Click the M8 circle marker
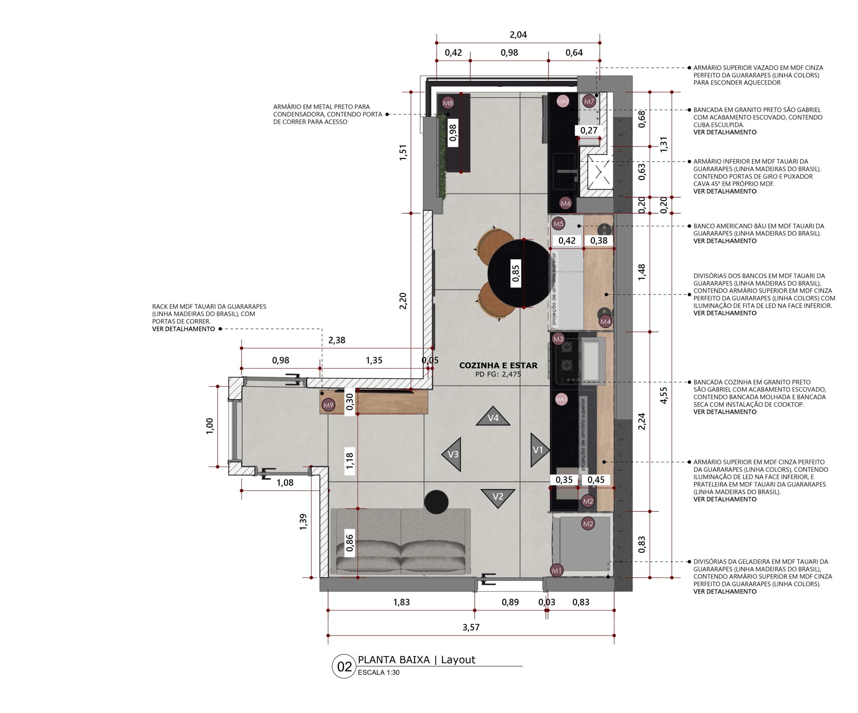pyautogui.click(x=448, y=103)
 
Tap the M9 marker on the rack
pyautogui.click(x=328, y=405)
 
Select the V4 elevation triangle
pyautogui.click(x=493, y=416)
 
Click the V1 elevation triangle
pyautogui.click(x=539, y=450)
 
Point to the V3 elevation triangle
pyautogui.click(x=452, y=454)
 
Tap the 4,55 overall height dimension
pyautogui.click(x=663, y=395)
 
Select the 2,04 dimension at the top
pyautogui.click(x=518, y=35)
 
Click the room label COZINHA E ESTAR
pyautogui.click(x=498, y=365)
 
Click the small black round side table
pyautogui.click(x=436, y=502)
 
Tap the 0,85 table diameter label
pyautogui.click(x=515, y=273)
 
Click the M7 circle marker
pyautogui.click(x=589, y=101)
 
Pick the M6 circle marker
pyautogui.click(x=565, y=203)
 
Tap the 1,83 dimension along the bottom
pyautogui.click(x=401, y=602)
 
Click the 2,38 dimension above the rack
pyautogui.click(x=336, y=340)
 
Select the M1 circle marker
pyautogui.click(x=556, y=571)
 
